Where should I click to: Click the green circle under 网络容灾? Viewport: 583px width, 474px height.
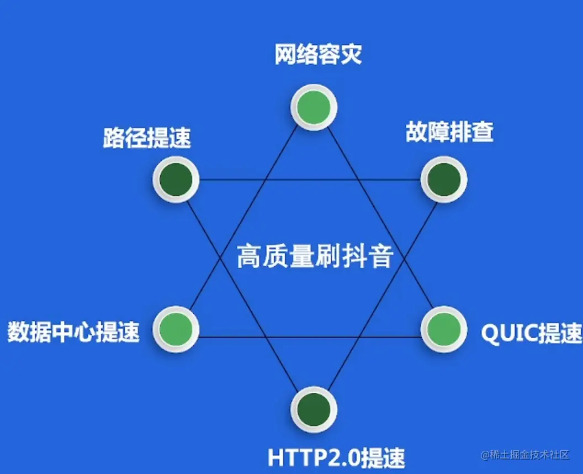pos(314,107)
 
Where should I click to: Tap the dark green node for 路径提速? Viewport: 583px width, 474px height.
pos(176,180)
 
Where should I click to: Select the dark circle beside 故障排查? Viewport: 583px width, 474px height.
pos(443,180)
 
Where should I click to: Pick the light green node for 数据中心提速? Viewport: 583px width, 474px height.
pos(176,330)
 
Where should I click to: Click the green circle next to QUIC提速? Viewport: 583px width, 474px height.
pos(443,330)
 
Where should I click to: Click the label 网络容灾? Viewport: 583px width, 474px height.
pos(318,55)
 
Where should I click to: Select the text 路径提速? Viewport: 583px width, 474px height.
pos(147,138)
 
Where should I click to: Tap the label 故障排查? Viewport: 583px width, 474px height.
pos(449,133)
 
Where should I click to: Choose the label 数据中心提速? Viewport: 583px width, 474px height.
pos(73,333)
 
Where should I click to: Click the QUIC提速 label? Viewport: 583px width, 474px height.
pos(531,333)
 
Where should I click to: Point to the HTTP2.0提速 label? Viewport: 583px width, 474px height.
pos(336,457)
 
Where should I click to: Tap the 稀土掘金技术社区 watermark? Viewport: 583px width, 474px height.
pos(524,455)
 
